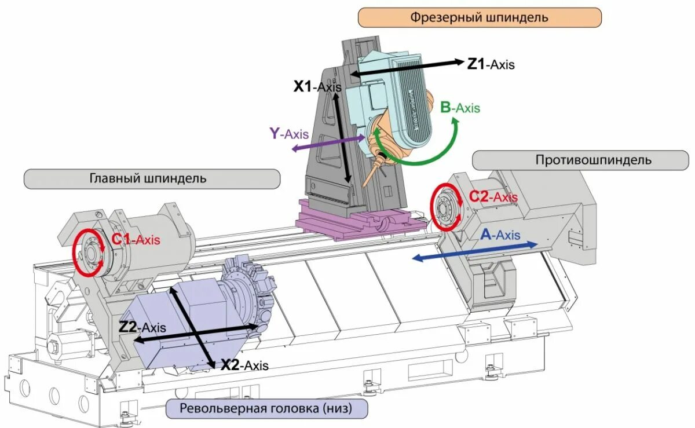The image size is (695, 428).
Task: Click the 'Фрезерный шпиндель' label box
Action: [x=480, y=17]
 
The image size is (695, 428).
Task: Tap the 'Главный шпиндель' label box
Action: [x=152, y=178]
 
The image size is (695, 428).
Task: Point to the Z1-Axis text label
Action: [x=491, y=64]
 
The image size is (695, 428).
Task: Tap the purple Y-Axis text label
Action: [x=289, y=133]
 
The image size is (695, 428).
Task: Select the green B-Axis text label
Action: [x=460, y=107]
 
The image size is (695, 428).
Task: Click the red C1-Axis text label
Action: [x=136, y=238]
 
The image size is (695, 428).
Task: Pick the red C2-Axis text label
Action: [x=493, y=197]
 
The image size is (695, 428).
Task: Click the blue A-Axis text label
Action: [x=500, y=235]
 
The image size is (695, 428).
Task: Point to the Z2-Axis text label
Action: [x=142, y=327]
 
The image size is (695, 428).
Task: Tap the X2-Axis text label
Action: [x=244, y=365]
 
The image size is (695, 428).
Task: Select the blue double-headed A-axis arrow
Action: [x=475, y=252]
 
